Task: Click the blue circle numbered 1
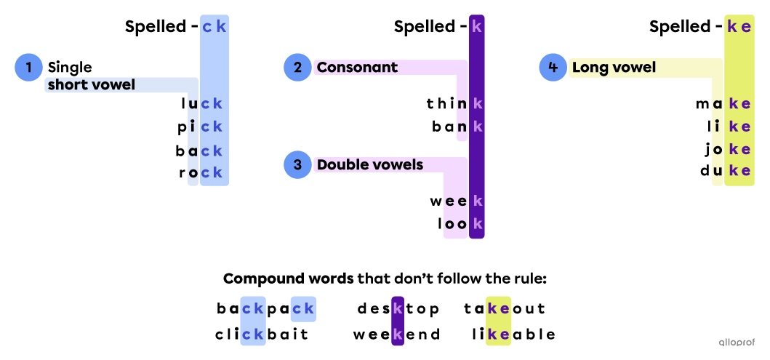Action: (28, 68)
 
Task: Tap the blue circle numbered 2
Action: (297, 68)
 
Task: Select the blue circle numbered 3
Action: (297, 165)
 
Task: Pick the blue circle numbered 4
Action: (553, 68)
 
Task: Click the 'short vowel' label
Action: (92, 85)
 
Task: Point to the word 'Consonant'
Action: (357, 68)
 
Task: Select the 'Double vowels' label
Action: (369, 165)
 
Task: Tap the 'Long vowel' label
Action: (614, 68)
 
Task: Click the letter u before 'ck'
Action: (193, 104)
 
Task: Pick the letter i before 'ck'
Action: (193, 127)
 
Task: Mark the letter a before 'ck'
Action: (193, 151)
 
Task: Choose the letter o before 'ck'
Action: (193, 173)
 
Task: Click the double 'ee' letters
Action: (456, 201)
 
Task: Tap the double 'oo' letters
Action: (456, 223)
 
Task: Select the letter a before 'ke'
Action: (717, 104)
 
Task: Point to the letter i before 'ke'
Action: (717, 127)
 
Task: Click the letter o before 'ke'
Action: (717, 149)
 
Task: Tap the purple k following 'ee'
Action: (477, 201)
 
